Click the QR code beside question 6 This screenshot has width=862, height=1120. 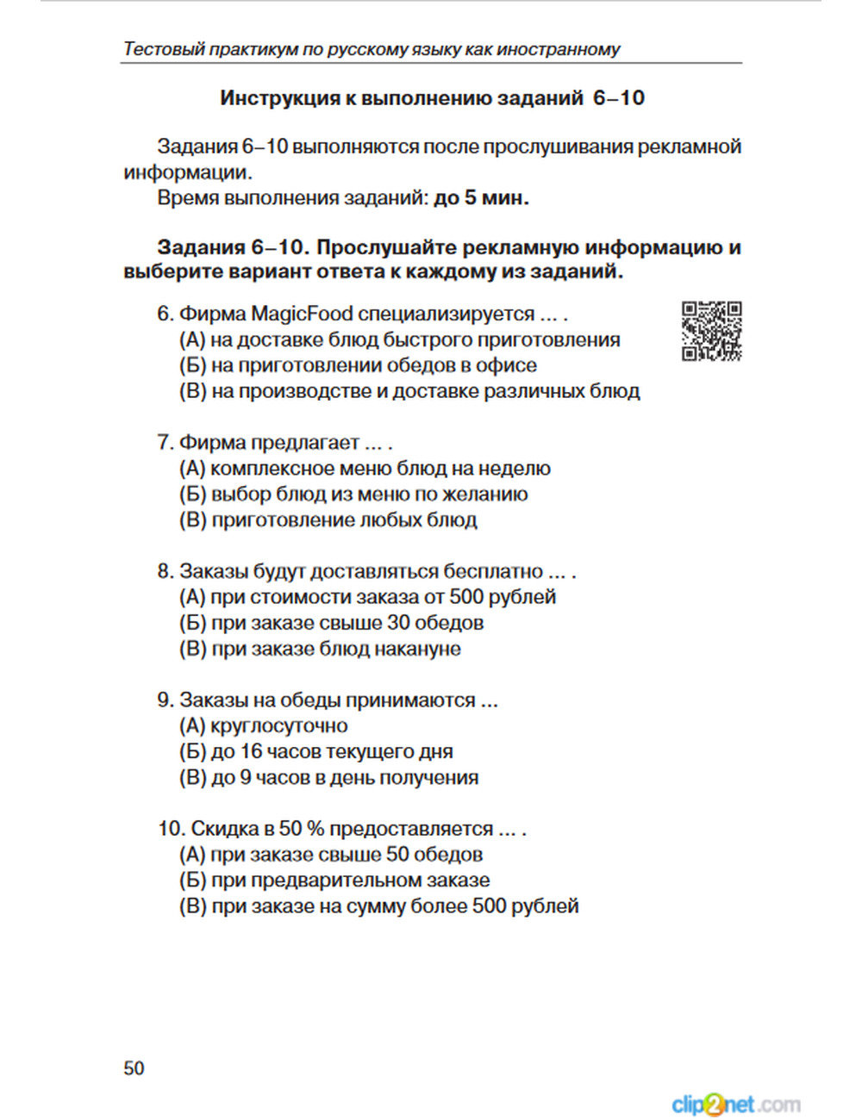(711, 331)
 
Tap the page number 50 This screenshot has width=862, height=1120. (134, 1068)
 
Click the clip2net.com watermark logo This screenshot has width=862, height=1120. (735, 1104)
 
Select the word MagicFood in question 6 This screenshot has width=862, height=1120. (302, 314)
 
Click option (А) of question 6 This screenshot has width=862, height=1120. (399, 339)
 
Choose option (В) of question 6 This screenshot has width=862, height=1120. (409, 391)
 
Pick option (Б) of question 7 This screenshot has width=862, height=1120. (353, 495)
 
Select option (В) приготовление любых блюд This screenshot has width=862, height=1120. (328, 520)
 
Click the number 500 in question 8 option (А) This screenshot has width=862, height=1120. (466, 597)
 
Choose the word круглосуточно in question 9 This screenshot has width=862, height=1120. (279, 726)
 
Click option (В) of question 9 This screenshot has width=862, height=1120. (328, 778)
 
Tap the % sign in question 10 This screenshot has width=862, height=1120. (315, 829)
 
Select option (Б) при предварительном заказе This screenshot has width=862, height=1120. (334, 880)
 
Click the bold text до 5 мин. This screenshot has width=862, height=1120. (481, 198)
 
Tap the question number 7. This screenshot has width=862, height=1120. (165, 443)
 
